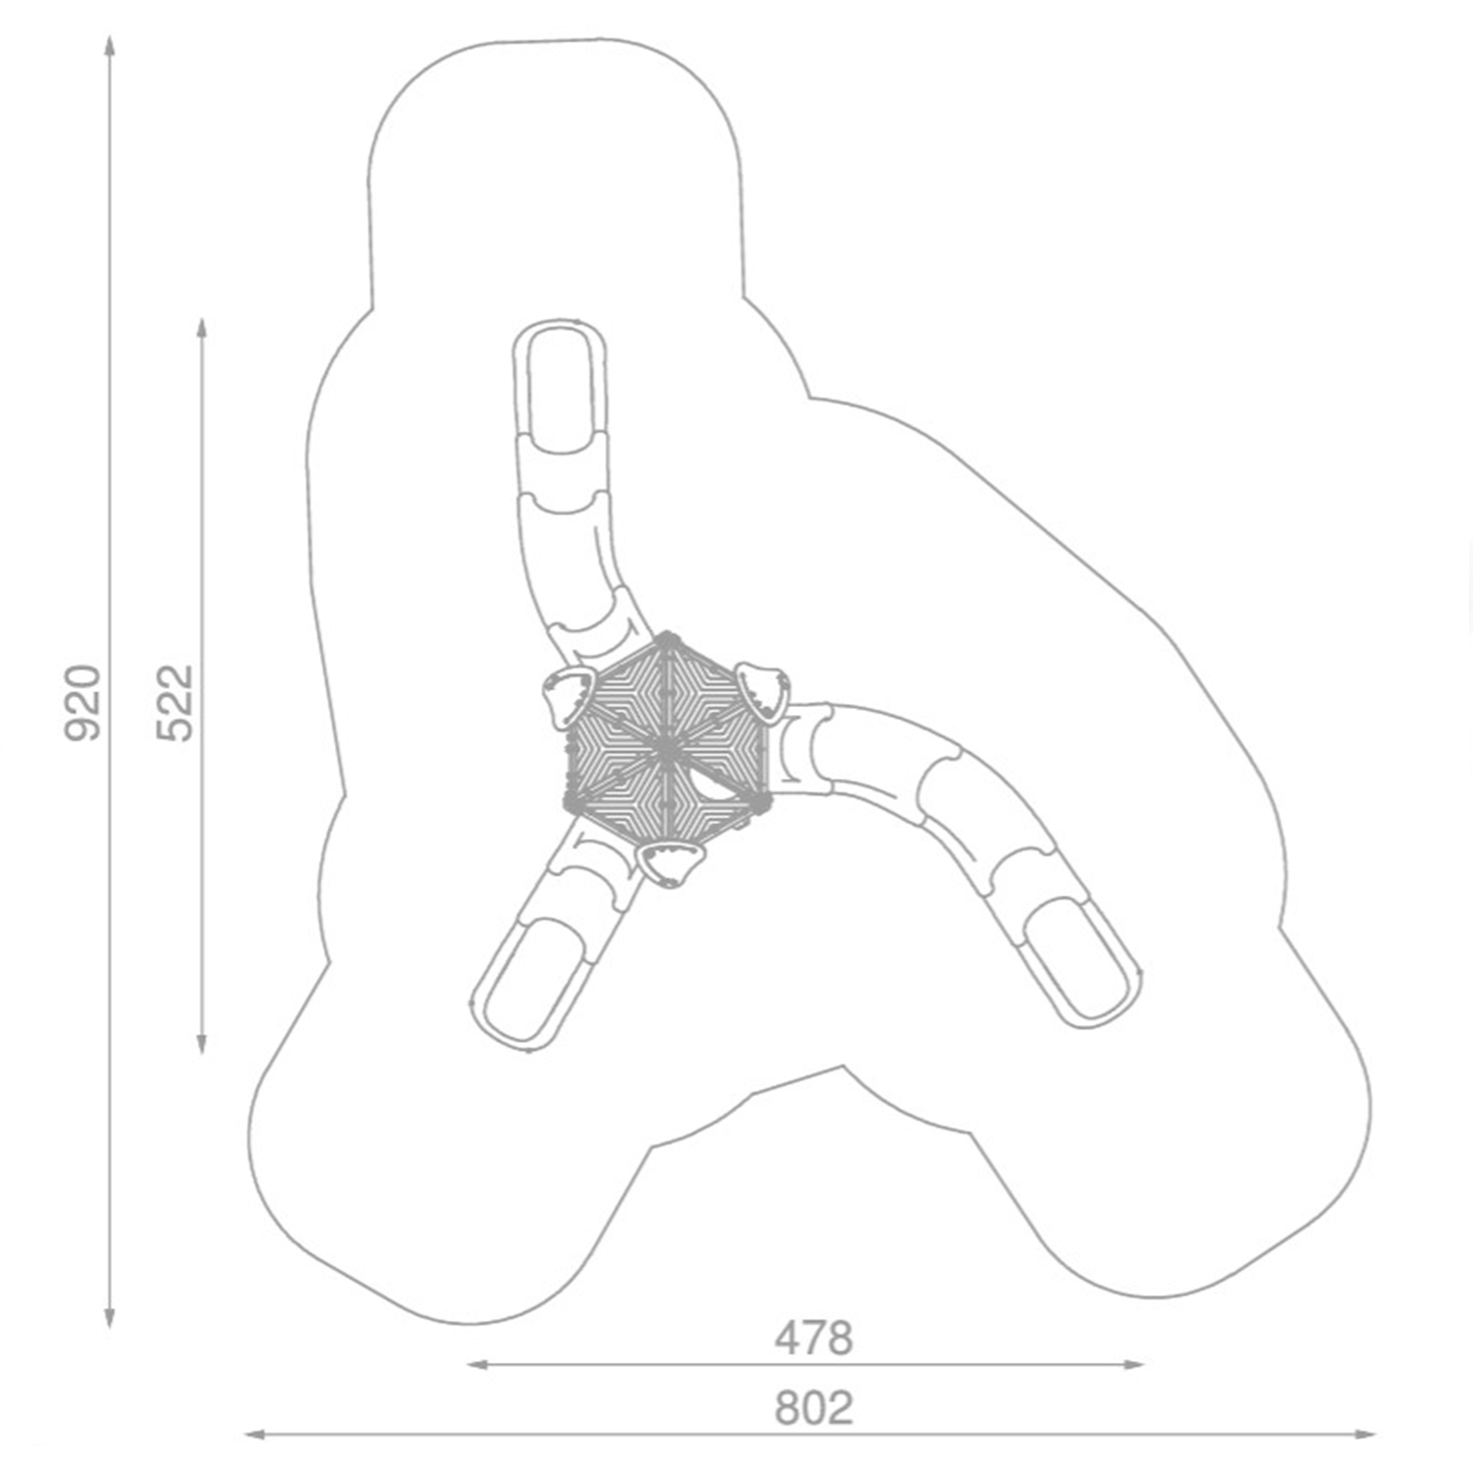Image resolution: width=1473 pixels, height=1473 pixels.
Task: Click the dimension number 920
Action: click(x=82, y=702)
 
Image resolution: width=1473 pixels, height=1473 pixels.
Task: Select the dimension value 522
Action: click(x=177, y=702)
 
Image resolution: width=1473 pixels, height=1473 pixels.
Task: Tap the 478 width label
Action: click(x=813, y=1338)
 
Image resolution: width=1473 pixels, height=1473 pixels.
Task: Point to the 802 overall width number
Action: click(x=813, y=1408)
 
